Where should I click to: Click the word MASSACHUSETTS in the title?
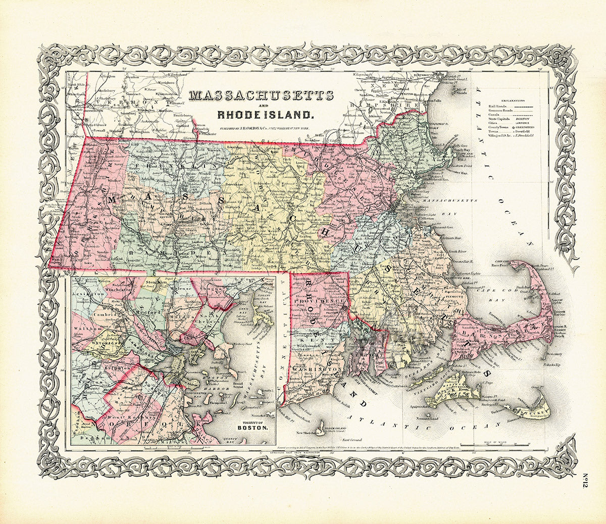(261, 95)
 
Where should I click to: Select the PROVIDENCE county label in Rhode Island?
(318, 299)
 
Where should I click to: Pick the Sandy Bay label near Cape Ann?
(458, 150)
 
